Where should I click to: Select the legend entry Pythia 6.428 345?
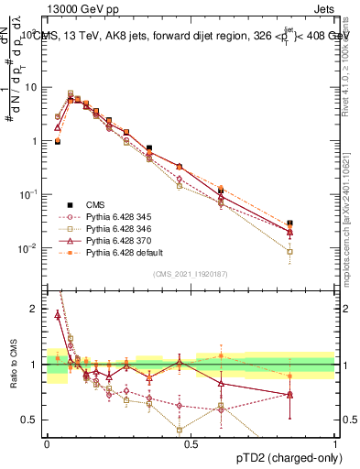119,216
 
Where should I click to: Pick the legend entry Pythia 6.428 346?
119,228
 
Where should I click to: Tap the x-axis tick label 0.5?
191,442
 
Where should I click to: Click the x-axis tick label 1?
335,442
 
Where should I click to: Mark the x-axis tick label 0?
47,442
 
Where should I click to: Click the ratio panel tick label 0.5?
31,420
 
